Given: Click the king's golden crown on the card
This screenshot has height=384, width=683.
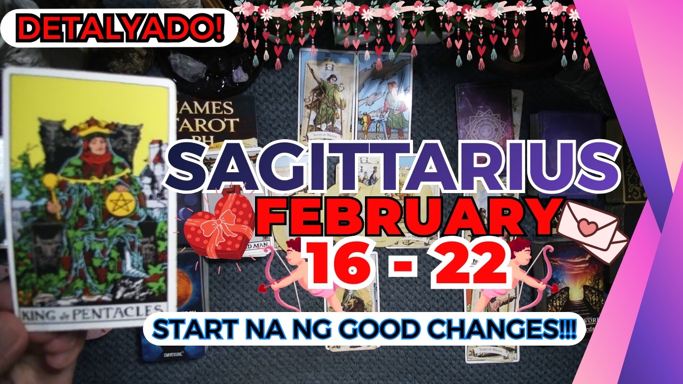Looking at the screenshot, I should [91, 126].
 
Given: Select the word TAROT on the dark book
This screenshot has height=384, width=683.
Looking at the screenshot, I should [209, 125].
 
